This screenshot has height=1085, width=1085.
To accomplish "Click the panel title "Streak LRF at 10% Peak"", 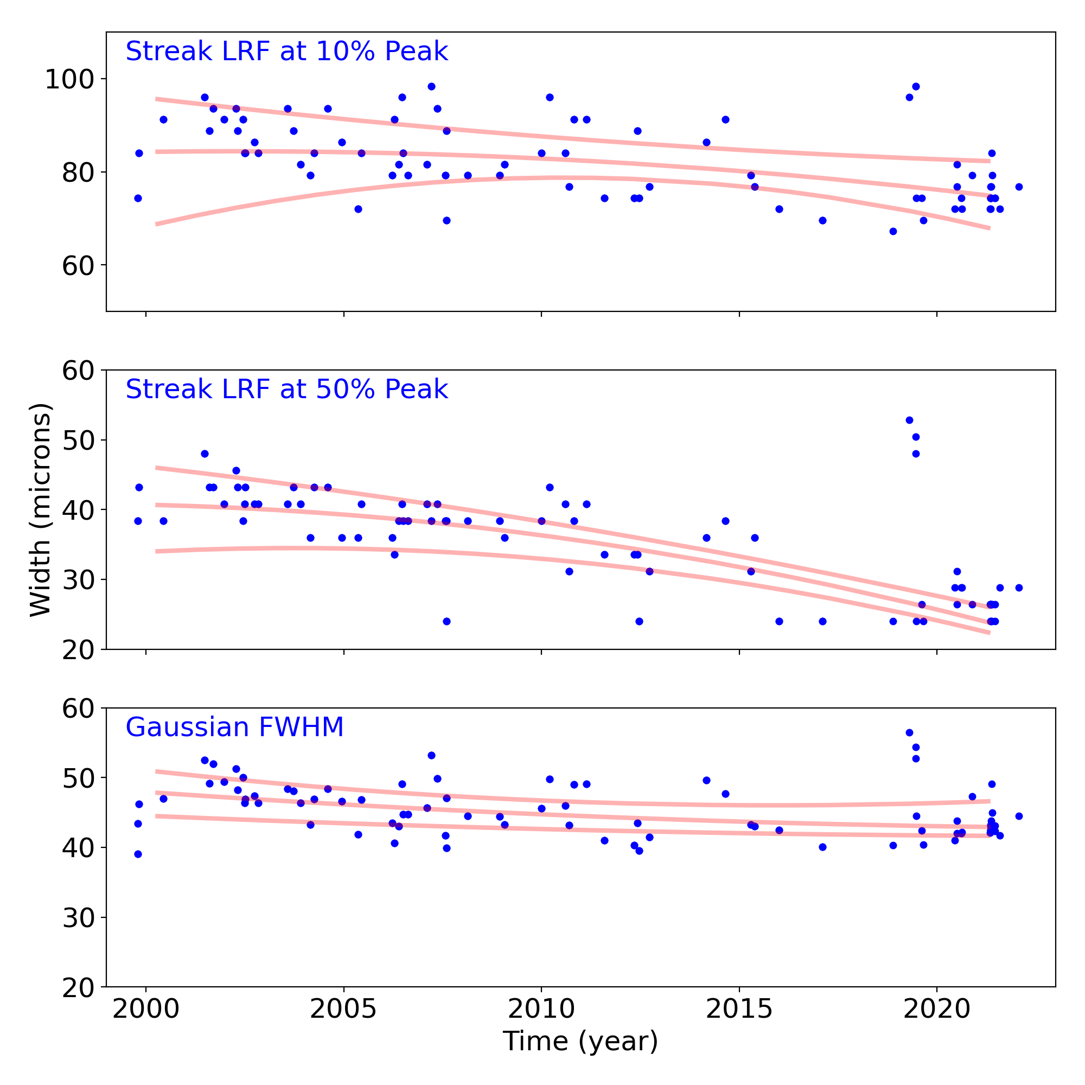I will click(286, 52).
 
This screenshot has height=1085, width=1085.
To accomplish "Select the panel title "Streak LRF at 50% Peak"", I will click(286, 390).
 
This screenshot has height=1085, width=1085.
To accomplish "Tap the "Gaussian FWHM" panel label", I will click(234, 728).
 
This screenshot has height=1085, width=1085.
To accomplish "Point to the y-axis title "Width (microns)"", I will click(41, 510).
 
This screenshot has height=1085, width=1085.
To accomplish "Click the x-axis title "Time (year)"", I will click(580, 1041).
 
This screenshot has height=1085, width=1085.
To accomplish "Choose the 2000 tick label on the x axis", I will click(146, 1009).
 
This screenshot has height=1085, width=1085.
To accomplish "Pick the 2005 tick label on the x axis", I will click(344, 1009).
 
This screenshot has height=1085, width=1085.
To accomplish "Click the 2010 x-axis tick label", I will click(541, 1009).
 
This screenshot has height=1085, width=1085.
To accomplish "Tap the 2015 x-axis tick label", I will click(739, 1009).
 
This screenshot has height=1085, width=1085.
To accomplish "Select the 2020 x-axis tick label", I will click(937, 1009).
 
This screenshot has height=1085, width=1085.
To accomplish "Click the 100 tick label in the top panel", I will click(69, 79).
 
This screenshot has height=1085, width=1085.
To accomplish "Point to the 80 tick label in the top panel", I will click(78, 173).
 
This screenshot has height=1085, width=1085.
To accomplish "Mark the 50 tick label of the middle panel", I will click(78, 441).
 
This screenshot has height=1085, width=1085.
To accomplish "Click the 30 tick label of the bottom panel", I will click(78, 918).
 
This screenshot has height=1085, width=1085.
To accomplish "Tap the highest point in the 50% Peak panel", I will click(909, 420).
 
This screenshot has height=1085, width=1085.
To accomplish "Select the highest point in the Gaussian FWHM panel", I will click(909, 733).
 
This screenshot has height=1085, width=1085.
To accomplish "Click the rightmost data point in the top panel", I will click(1019, 187).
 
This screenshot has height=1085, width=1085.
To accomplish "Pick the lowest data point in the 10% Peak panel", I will click(893, 232).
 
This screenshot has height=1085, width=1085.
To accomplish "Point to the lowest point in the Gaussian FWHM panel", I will click(138, 854).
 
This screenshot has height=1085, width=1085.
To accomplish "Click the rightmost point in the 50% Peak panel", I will click(1019, 588).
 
